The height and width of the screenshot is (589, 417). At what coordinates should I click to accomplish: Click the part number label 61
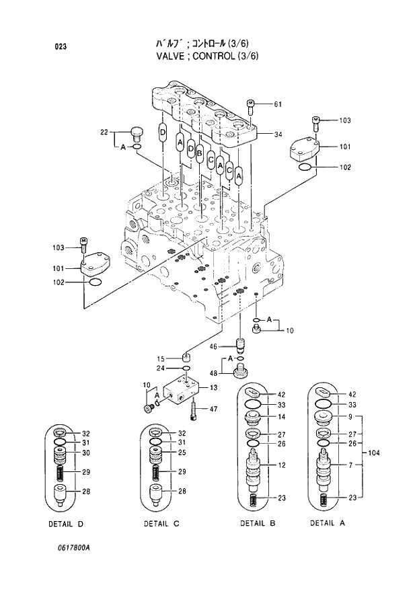click(277, 104)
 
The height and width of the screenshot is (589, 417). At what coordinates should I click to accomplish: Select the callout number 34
click(277, 134)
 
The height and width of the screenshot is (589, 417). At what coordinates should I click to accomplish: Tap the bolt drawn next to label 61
click(251, 105)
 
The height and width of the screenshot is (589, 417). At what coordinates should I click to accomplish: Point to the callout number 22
click(104, 132)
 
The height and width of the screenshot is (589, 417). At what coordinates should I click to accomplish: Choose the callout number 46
click(213, 347)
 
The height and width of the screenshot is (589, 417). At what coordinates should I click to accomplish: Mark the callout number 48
click(213, 373)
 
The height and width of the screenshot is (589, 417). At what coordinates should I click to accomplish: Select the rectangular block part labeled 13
click(180, 393)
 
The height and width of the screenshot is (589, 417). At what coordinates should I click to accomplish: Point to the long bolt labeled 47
click(194, 409)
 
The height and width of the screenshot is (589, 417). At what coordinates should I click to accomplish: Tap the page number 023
click(61, 46)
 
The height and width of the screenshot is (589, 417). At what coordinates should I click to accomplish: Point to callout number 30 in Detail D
click(86, 453)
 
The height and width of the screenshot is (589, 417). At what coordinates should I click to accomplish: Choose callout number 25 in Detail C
click(182, 453)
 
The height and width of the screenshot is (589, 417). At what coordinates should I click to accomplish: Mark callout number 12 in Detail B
click(282, 465)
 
